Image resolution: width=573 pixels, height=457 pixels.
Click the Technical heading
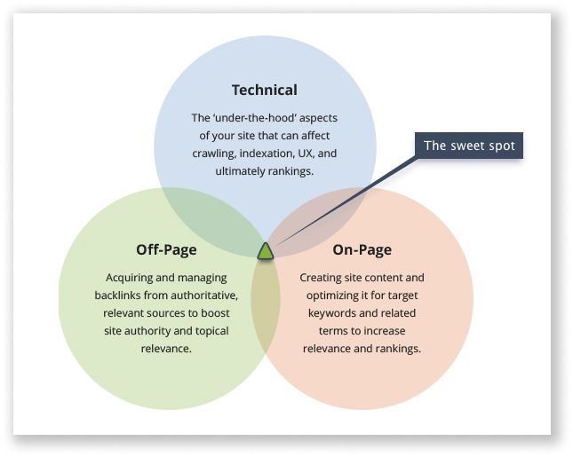tap(264, 90)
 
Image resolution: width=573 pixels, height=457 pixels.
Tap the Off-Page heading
tap(166, 249)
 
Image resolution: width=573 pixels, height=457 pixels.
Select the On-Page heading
tap(362, 249)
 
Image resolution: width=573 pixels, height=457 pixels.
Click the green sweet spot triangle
tap(266, 251)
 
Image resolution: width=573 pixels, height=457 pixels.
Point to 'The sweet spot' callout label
tap(468, 146)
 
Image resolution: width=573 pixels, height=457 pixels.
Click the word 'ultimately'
tap(243, 171)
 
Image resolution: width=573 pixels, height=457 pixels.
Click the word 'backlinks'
tap(119, 295)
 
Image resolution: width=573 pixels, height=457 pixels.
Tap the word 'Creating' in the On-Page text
tap(321, 278)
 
